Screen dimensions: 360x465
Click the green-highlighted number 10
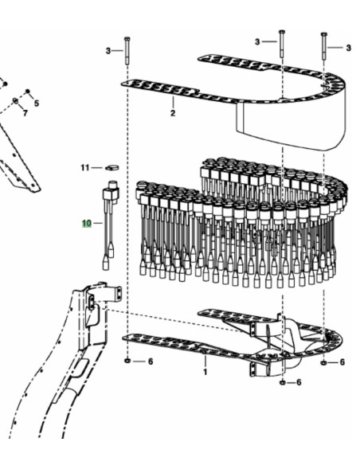[x=87, y=223]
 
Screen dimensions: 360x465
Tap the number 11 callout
[x=84, y=168]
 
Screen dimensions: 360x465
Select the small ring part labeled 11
[x=112, y=168]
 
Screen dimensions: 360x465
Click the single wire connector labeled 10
[x=110, y=225]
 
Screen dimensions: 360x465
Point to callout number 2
[x=173, y=113]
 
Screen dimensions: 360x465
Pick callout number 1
[x=205, y=372]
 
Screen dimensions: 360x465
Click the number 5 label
[x=37, y=104]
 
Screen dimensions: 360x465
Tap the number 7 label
[x=25, y=113]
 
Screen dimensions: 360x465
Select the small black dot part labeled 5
[x=28, y=91]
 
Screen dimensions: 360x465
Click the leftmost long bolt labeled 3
[x=127, y=50]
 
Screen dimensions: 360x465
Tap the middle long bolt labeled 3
[x=281, y=43]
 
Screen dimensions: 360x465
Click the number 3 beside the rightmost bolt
[x=348, y=48]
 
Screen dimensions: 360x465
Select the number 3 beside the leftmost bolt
[x=108, y=51]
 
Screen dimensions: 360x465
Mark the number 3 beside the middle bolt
[x=257, y=42]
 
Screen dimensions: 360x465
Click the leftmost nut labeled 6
[x=127, y=361]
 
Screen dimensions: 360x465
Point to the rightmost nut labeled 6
[x=324, y=362]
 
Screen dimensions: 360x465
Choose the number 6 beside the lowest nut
[x=299, y=382]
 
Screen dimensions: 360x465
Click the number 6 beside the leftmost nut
[x=151, y=361]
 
